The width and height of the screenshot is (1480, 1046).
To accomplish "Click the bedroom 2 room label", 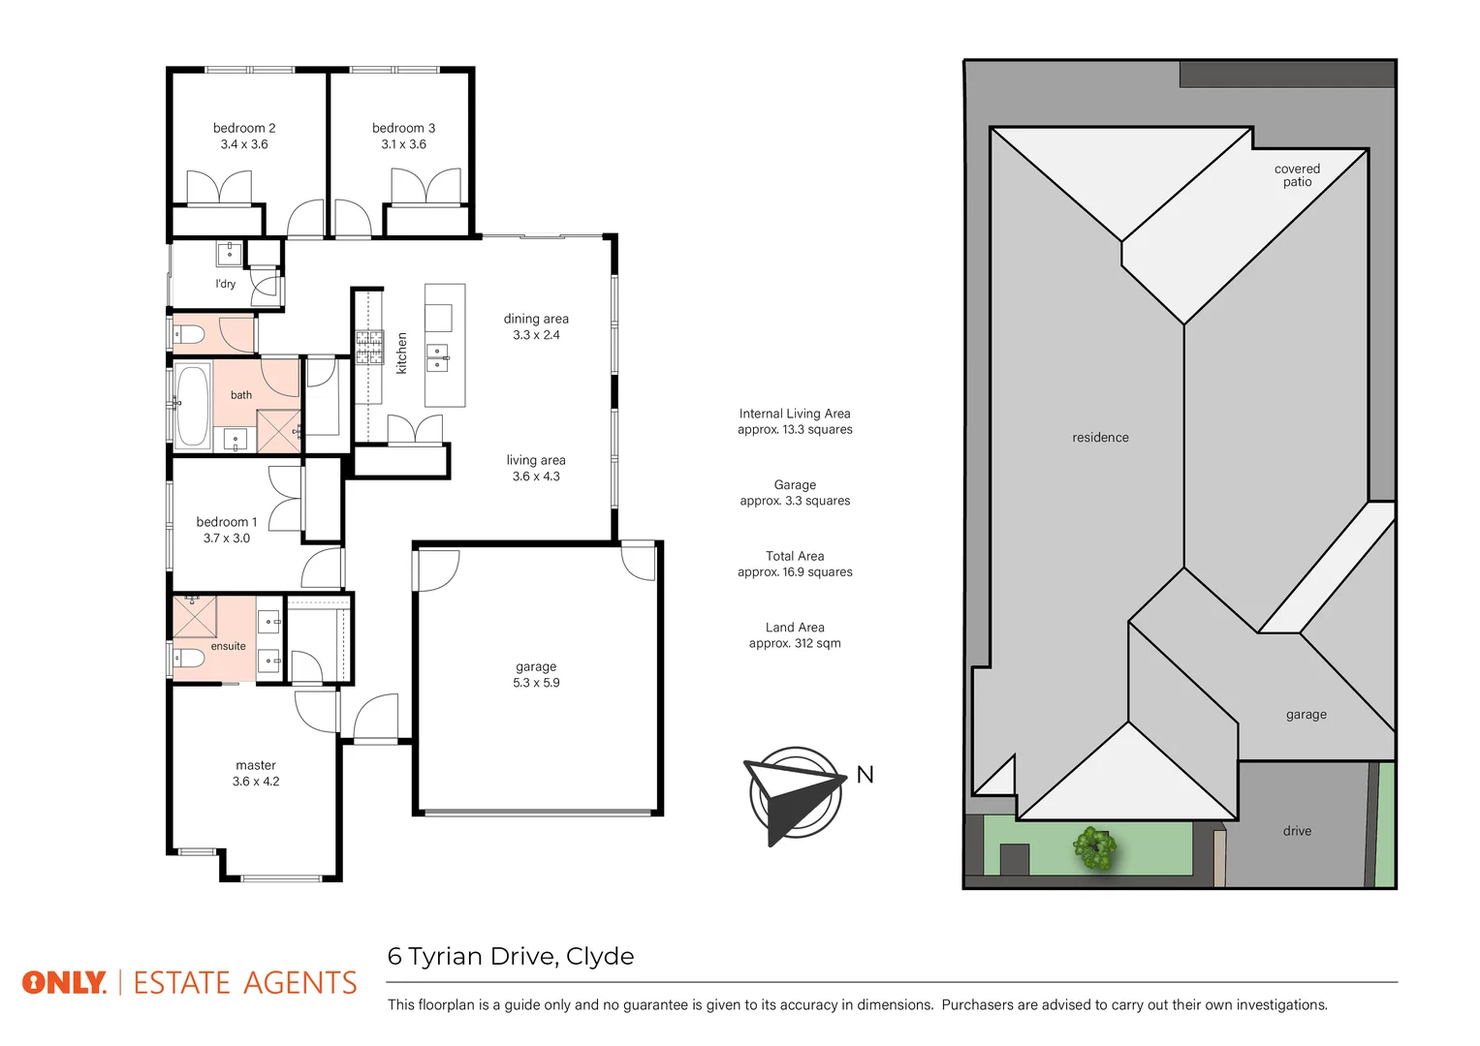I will tap(244, 128).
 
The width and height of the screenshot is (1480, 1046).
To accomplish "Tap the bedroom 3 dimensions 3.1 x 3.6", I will tap(403, 144).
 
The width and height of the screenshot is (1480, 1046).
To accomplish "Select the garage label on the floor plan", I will tap(536, 666).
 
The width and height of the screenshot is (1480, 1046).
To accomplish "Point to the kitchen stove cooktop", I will tap(369, 347).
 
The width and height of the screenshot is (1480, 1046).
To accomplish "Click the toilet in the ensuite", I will tap(189, 659).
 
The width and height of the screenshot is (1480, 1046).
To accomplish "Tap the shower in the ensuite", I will tap(194, 616).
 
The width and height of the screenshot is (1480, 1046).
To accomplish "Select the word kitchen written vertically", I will tap(402, 354).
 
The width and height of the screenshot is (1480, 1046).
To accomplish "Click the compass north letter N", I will tap(865, 775).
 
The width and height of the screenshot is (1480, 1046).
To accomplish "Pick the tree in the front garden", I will tap(1094, 848).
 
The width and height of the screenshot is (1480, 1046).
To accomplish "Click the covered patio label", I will tap(1297, 175).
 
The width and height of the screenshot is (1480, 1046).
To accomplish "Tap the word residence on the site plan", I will tap(1100, 438).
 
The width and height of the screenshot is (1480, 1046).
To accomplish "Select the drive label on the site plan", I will tap(1297, 831).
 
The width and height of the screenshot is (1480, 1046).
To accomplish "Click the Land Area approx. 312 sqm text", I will tap(795, 635).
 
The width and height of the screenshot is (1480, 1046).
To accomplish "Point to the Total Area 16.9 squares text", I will tap(795, 564).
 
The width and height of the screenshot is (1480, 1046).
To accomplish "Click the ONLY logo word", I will tap(64, 983).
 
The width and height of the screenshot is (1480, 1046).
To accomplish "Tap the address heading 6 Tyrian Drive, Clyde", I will tap(511, 957).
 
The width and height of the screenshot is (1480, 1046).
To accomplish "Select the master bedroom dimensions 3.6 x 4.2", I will tap(256, 782).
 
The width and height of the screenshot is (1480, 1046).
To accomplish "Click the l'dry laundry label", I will tap(225, 284).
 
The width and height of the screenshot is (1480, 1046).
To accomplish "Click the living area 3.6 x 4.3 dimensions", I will tap(536, 477).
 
